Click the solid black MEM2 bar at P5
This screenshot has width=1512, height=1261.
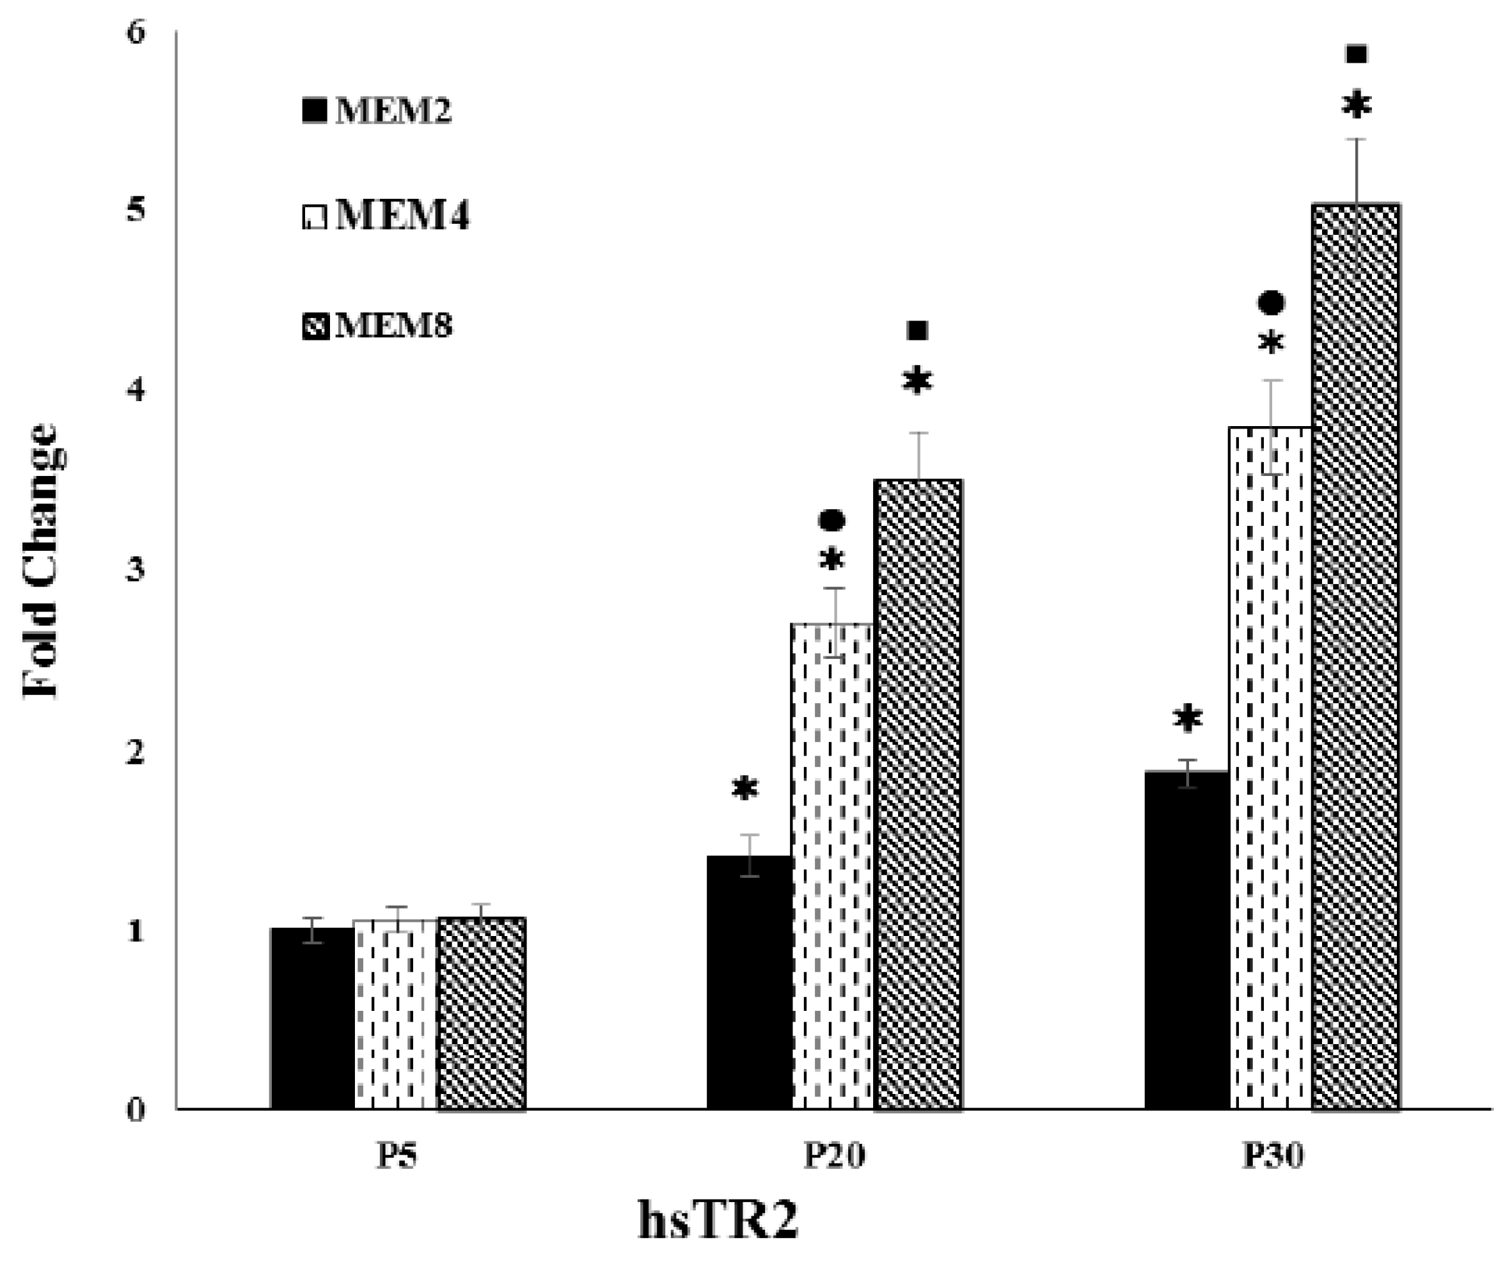[x=311, y=1019]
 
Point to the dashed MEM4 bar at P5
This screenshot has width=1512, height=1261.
[x=395, y=1015]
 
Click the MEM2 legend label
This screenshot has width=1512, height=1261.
[x=393, y=111]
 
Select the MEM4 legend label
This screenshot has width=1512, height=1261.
[x=402, y=216]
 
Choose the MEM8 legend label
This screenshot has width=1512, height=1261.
[x=393, y=326]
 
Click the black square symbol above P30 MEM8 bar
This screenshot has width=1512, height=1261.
[x=1357, y=54]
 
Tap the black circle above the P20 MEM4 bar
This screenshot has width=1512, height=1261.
[x=831, y=519]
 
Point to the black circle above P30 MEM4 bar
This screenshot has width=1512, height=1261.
[x=1272, y=303]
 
